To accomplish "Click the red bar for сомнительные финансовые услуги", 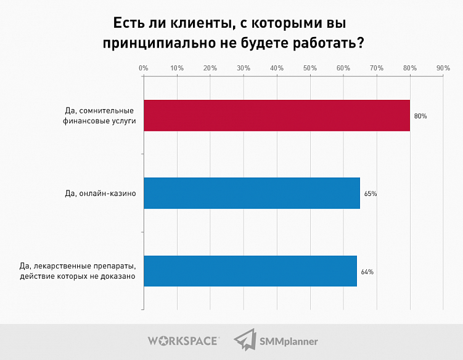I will click(x=276, y=115).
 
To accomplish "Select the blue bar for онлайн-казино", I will click(x=252, y=193).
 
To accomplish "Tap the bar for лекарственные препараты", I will click(x=250, y=271).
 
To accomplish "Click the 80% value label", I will click(x=420, y=116).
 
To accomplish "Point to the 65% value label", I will click(x=371, y=194).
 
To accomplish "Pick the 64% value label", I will click(x=367, y=272).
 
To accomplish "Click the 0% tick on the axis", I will click(x=143, y=67).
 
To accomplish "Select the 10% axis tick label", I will click(x=177, y=67).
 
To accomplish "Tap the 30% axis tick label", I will click(x=243, y=67).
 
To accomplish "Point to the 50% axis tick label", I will click(x=309, y=67).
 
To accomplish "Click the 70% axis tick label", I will click(x=376, y=67).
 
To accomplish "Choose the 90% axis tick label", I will click(x=443, y=67).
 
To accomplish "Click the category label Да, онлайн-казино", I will click(x=100, y=194).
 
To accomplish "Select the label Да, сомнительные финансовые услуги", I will click(x=99, y=116).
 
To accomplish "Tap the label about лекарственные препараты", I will click(x=77, y=272).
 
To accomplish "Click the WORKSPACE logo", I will click(x=183, y=340).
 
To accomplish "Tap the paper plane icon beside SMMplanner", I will click(x=245, y=340).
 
